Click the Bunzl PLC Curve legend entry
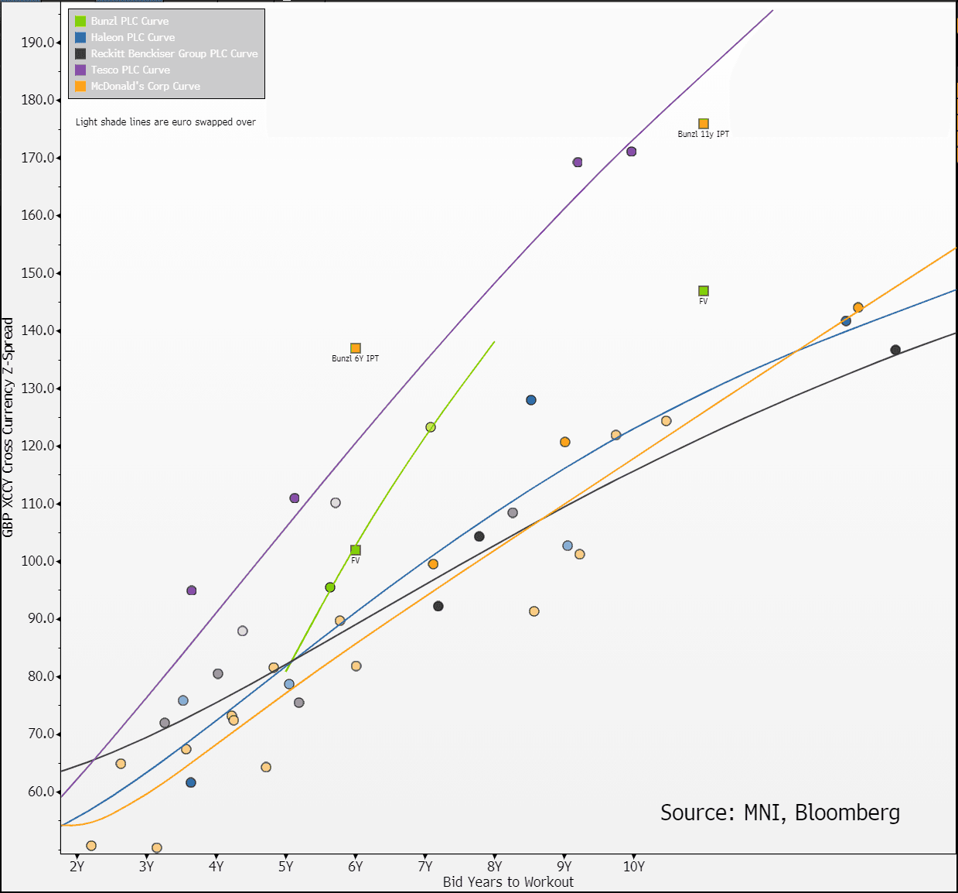(129, 21)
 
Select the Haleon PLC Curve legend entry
(132, 37)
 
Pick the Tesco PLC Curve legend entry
(130, 70)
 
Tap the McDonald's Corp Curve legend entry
(145, 86)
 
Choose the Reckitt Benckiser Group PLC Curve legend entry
(174, 53)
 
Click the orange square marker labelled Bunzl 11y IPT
(704, 124)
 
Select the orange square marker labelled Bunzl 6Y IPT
(356, 348)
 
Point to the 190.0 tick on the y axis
(38, 43)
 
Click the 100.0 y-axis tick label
(38, 561)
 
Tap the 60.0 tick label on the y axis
(40, 792)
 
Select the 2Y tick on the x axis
(77, 867)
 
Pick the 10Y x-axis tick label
(634, 867)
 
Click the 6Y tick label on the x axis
(356, 867)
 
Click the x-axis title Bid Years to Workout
(508, 882)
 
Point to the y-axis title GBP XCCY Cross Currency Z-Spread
(9, 427)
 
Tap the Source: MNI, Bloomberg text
(779, 813)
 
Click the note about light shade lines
(165, 122)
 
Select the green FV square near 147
(704, 291)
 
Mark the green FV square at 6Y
(356, 550)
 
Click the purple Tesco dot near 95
(192, 590)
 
